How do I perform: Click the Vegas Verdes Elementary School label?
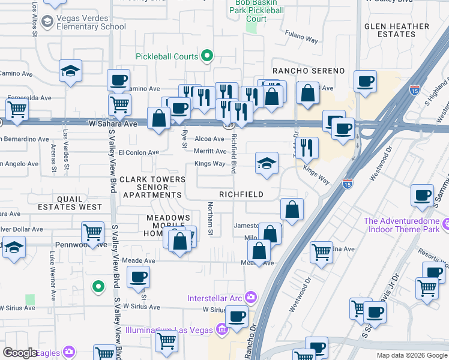point(91,23)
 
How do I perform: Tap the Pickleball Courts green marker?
point(208,56)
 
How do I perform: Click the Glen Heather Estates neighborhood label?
point(397,30)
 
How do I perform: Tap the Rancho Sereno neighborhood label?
point(309,71)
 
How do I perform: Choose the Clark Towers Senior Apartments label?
point(152,187)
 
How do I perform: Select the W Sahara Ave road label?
point(113,124)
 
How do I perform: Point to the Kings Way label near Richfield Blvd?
point(209,163)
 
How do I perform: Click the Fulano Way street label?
point(301,38)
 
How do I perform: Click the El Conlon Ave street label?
point(139,152)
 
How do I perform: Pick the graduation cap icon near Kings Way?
point(267,163)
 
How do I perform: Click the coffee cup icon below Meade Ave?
point(138,277)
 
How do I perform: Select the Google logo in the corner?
point(20,353)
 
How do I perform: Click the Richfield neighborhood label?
point(241,195)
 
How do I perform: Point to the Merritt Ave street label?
point(209,151)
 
